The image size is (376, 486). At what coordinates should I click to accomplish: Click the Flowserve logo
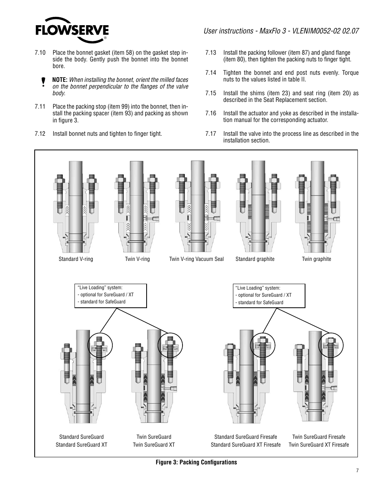tap(72, 30)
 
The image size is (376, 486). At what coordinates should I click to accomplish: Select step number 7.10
tap(40, 53)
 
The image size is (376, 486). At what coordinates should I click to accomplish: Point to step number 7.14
tap(211, 73)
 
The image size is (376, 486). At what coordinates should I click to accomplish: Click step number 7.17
tap(211, 134)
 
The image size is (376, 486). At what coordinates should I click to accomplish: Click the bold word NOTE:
tap(60, 80)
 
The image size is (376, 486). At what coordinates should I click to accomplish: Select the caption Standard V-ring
tap(76, 259)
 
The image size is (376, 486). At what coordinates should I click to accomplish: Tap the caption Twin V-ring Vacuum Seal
tap(196, 259)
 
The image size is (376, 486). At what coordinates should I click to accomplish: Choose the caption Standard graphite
tap(255, 259)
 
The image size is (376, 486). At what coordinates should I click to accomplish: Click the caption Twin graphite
tap(316, 259)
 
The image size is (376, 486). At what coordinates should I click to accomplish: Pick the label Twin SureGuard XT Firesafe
tap(318, 445)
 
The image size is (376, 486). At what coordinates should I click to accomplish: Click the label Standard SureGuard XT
tap(81, 445)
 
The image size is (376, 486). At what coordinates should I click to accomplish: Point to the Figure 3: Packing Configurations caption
tap(196, 462)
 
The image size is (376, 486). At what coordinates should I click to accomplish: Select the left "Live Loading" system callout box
tap(110, 296)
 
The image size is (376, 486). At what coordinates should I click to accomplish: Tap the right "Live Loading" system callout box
tap(269, 296)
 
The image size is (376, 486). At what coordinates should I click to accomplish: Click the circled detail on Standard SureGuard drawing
tap(100, 346)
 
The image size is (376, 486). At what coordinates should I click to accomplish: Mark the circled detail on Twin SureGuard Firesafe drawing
tap(331, 345)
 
